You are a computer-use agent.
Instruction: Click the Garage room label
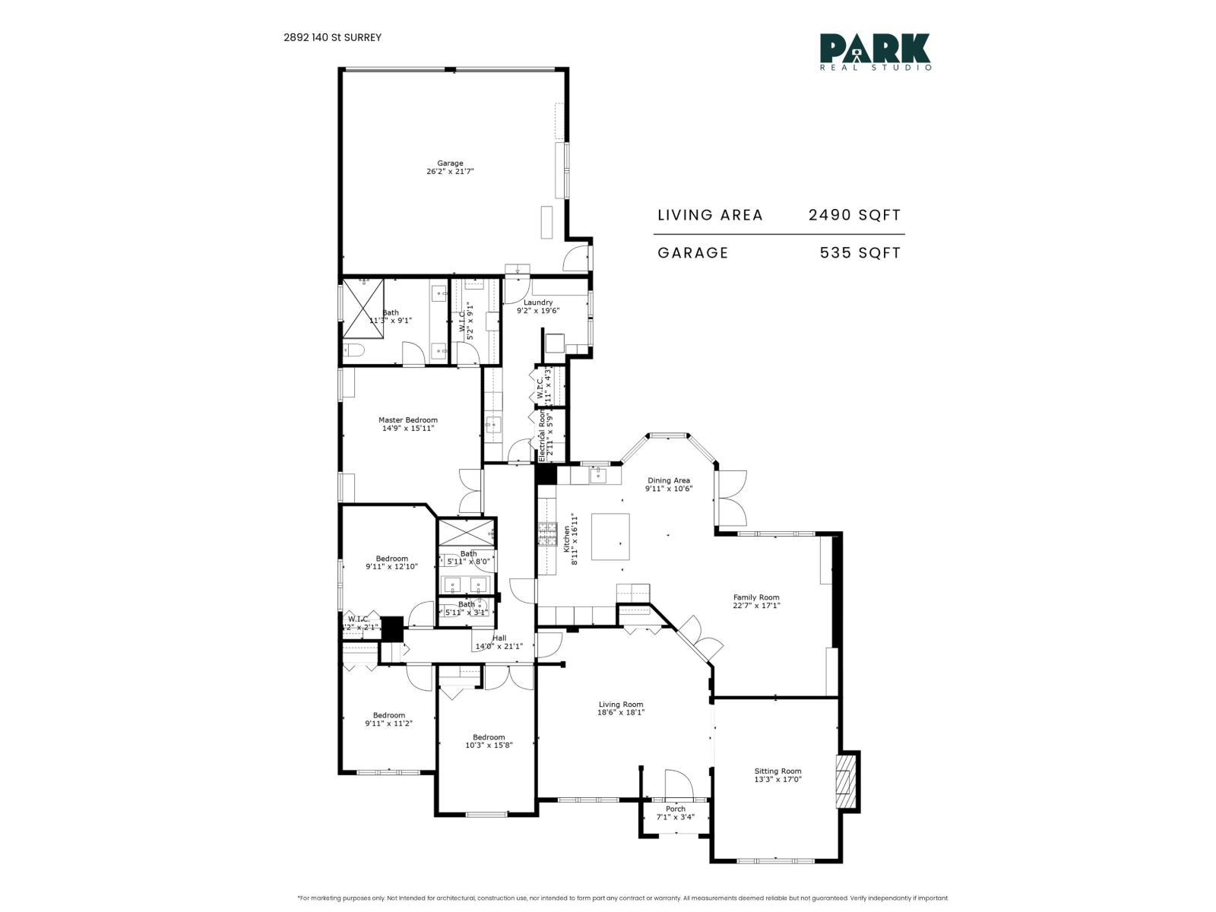[x=450, y=163]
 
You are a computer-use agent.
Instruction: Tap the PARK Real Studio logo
[x=875, y=52]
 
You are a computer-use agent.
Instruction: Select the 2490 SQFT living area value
[x=854, y=215]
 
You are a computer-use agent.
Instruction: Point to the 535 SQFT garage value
[x=860, y=253]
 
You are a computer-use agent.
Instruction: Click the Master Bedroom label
[x=408, y=420]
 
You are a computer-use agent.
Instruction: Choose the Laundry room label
[x=538, y=302]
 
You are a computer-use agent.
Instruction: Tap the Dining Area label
[x=669, y=480]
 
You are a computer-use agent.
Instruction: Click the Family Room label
[x=756, y=597]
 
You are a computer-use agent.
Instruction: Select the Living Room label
[x=621, y=705]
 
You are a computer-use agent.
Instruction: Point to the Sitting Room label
[x=777, y=771]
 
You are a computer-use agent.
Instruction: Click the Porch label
[x=675, y=809]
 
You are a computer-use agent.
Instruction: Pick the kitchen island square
[x=610, y=537]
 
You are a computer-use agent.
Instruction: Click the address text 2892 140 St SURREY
[x=333, y=37]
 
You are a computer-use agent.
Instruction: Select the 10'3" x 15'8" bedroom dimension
[x=489, y=746]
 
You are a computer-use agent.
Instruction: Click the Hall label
[x=499, y=638]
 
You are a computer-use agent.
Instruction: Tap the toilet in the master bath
[x=353, y=351]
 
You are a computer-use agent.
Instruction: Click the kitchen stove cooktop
[x=547, y=534]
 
